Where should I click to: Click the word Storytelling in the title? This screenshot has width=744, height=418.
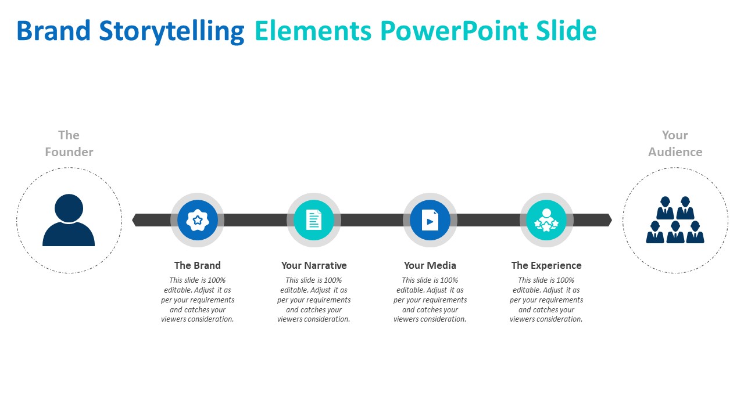[171, 31]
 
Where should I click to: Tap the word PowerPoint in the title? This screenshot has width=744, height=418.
[454, 31]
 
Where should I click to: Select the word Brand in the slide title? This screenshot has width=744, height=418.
[53, 31]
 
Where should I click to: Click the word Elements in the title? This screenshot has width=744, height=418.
[313, 31]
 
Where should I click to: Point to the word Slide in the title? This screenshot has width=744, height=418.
[566, 31]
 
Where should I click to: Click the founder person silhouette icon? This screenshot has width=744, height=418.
[69, 220]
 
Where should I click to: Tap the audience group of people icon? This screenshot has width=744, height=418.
[675, 219]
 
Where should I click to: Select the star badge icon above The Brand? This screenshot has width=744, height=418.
[198, 220]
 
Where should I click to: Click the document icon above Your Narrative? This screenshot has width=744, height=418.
[314, 219]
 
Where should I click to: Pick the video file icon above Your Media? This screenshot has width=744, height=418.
[430, 219]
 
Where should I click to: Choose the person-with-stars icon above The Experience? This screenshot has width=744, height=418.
[546, 220]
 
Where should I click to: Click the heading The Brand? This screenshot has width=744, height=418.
[197, 265]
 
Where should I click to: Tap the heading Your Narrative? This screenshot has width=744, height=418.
[314, 265]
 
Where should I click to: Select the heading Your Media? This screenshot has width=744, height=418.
[430, 265]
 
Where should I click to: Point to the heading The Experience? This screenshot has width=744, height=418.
[546, 265]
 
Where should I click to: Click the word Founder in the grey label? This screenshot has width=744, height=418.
[69, 152]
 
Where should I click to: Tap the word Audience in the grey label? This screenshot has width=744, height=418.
[675, 152]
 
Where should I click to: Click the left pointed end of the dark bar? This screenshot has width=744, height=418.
[132, 220]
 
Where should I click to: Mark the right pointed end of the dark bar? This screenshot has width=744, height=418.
[612, 220]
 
